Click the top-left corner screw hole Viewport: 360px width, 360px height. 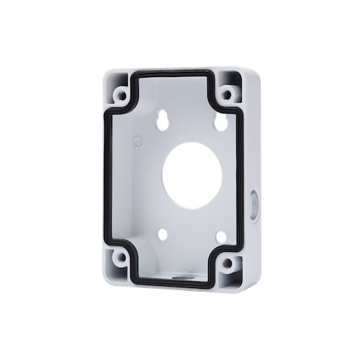click(122, 94)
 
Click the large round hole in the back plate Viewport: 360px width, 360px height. click(192, 176)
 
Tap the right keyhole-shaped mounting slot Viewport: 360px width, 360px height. click(221, 122)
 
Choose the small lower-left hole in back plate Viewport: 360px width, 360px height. click(163, 234)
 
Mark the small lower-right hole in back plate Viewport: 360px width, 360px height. click(221, 237)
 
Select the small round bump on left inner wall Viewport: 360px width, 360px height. click(138, 141)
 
